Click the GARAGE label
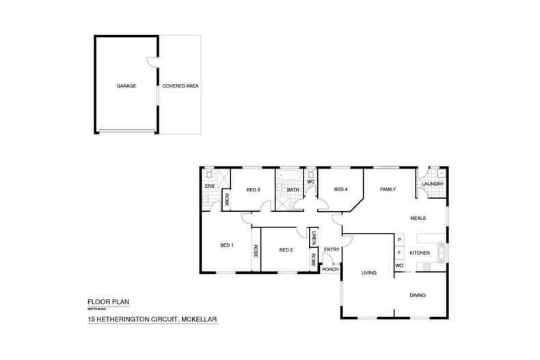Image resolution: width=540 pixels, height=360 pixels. click(126, 87)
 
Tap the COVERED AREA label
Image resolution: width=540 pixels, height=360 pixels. click(180, 87)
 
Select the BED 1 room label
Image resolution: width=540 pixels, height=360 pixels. click(227, 245)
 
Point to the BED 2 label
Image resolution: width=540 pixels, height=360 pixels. click(286, 250)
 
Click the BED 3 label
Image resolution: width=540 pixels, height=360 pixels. click(254, 189)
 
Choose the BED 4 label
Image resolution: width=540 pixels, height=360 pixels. click(341, 189)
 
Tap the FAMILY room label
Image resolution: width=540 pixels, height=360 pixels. click(388, 189)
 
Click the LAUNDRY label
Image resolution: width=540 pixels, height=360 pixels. click(433, 184)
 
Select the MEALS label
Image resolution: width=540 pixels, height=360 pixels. click(418, 219)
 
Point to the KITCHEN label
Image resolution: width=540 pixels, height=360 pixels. click(419, 253)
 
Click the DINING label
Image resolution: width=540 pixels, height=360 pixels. click(417, 296)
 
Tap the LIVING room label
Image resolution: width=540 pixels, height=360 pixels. click(369, 273)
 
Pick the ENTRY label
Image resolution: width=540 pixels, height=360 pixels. click(332, 249)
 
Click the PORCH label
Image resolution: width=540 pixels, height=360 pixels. click(331, 269)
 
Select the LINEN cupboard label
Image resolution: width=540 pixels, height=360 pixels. click(313, 236)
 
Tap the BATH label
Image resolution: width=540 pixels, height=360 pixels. click(293, 189)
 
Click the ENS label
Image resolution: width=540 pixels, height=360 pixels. click(210, 184)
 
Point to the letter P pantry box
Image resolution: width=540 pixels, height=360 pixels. click(399, 240)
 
